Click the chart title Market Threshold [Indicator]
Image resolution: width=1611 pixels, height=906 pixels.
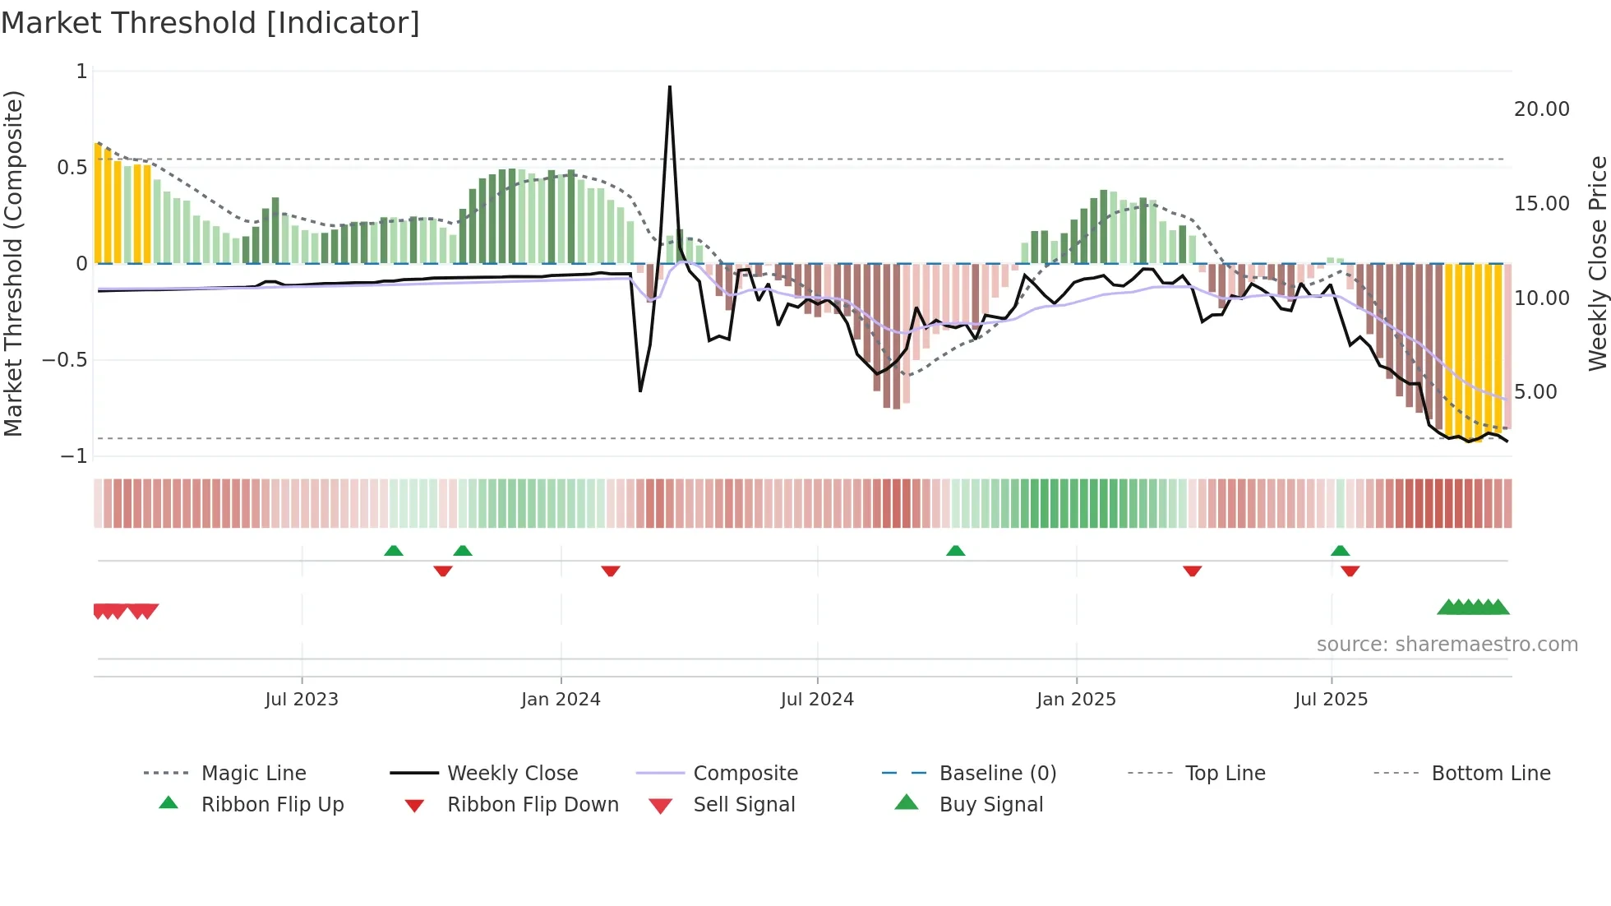point(210,23)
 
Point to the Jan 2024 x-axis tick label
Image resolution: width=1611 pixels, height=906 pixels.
point(561,700)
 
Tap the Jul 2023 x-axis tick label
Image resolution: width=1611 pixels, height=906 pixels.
point(302,700)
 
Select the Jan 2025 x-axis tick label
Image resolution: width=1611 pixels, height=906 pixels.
point(1076,700)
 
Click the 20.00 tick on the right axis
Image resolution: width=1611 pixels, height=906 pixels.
point(1541,109)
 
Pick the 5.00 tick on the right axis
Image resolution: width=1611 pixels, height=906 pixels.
point(1535,392)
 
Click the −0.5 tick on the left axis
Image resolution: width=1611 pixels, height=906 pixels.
point(65,360)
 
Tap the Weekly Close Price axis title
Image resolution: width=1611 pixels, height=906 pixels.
point(1597,263)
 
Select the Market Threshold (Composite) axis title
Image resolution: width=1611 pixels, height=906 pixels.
point(13,263)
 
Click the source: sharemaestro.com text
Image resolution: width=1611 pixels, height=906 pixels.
point(1447,645)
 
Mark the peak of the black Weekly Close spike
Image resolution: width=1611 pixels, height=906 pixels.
point(670,86)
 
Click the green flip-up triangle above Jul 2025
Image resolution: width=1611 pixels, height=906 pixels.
point(1340,551)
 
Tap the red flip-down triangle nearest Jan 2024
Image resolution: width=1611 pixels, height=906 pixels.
point(610,571)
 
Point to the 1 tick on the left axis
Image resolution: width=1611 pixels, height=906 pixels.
point(81,72)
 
